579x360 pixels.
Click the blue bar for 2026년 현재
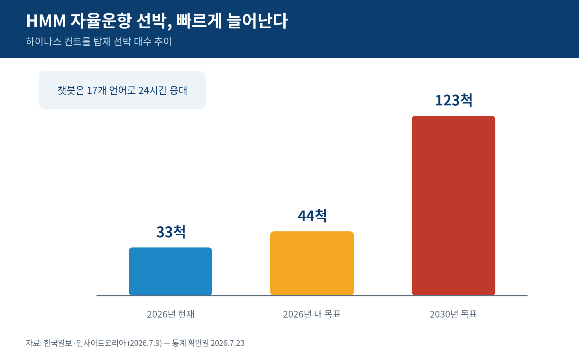[x=170, y=271]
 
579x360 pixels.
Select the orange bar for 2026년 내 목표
[x=312, y=263]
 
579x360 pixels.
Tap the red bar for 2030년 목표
[x=454, y=205]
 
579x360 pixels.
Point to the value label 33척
[x=171, y=232]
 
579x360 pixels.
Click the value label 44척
[x=312, y=216]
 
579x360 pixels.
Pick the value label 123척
[x=454, y=100]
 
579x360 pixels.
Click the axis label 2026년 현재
[x=170, y=314]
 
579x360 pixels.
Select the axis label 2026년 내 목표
[x=312, y=314]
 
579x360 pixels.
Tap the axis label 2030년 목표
[x=453, y=314]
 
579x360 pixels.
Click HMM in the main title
[x=46, y=21]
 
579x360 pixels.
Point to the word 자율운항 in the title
[x=101, y=21]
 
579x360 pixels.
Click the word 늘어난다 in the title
[x=257, y=21]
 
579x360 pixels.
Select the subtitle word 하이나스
[x=43, y=41]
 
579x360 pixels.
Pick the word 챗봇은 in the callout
[x=71, y=90]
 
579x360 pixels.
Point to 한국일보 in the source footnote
[x=58, y=343]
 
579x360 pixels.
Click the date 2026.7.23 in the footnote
[x=227, y=343]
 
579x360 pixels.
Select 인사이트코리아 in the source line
[x=101, y=343]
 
